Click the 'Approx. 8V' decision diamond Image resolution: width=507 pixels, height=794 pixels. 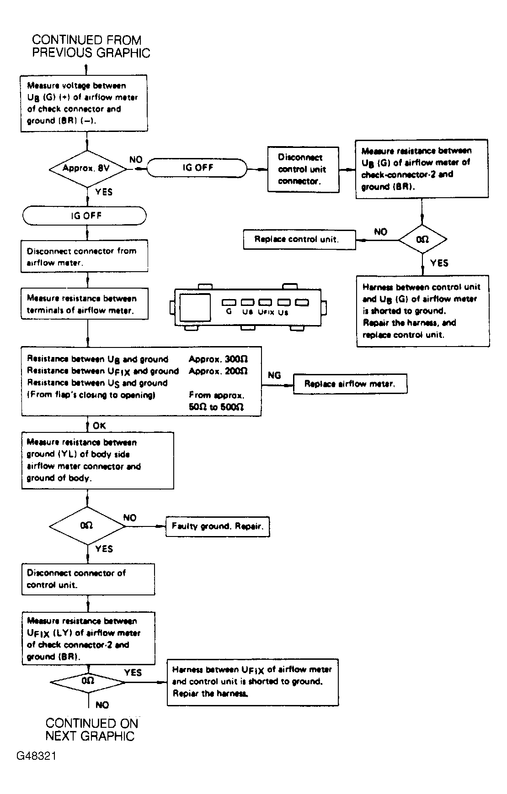tap(87, 168)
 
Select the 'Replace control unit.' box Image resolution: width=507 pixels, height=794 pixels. tap(299, 239)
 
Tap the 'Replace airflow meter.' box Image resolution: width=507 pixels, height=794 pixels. tap(350, 384)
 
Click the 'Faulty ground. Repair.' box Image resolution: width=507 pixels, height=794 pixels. tap(218, 526)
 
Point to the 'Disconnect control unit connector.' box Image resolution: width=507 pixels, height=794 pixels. tap(303, 169)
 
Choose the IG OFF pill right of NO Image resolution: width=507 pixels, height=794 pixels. tap(198, 168)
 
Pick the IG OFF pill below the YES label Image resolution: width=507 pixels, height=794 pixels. tap(85, 216)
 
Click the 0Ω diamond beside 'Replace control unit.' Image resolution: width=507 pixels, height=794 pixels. tap(422, 239)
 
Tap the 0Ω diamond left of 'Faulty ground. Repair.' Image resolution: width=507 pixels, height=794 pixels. tap(87, 526)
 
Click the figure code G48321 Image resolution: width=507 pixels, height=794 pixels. tap(37, 756)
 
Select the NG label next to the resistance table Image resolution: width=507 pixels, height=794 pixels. tap(274, 375)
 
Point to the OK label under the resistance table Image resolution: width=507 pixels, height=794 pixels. tap(99, 426)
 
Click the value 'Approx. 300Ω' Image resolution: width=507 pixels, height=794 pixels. tap(219, 359)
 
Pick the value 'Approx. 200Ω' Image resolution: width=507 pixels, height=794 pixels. tap(219, 371)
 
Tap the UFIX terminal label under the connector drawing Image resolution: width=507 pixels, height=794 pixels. tap(266, 313)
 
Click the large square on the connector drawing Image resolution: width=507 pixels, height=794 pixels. tap(195, 307)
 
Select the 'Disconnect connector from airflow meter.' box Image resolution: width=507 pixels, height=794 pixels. tap(85, 257)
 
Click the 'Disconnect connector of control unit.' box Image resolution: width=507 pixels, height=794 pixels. tap(88, 579)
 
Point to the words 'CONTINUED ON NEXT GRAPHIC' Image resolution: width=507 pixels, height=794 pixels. tap(91, 730)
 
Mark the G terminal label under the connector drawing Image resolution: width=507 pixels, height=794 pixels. tap(229, 312)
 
